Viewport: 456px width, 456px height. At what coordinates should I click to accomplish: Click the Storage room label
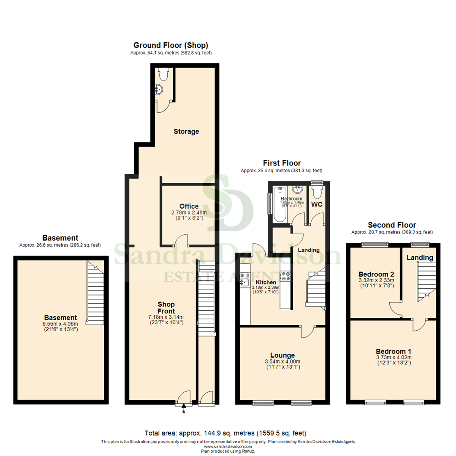pyautogui.click(x=186, y=131)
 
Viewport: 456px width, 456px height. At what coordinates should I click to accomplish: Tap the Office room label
pyautogui.click(x=188, y=206)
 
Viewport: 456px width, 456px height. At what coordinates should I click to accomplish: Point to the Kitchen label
pyautogui.click(x=266, y=282)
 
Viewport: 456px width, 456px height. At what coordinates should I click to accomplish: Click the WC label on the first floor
pyautogui.click(x=317, y=204)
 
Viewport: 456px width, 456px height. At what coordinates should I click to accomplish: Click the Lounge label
pyautogui.click(x=282, y=355)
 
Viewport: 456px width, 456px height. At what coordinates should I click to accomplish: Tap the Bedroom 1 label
pyautogui.click(x=394, y=351)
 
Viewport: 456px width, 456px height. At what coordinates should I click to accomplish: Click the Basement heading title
pyautogui.click(x=60, y=238)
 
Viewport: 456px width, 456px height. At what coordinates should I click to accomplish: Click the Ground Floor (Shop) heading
pyautogui.click(x=171, y=45)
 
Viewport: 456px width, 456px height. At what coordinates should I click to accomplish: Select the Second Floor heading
pyautogui.click(x=392, y=225)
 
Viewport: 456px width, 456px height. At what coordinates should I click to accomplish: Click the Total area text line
pyautogui.click(x=225, y=433)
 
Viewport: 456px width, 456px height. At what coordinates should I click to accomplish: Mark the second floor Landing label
pyautogui.click(x=420, y=258)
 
